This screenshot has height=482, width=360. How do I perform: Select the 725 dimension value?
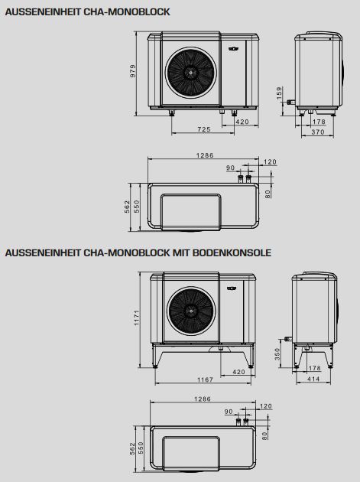tap(203, 129)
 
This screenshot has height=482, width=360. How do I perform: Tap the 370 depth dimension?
tap(318, 132)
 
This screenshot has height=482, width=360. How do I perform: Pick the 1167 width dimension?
tap(203, 379)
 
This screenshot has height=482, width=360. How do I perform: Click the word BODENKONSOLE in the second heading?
tap(230, 252)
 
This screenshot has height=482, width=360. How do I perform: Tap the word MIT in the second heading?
tap(180, 252)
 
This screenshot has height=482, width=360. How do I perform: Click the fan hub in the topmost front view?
tap(187, 71)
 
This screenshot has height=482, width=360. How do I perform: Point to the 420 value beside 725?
tap(242, 122)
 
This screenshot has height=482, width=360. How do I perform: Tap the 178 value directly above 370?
tap(318, 122)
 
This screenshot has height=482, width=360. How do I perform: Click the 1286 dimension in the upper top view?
tap(203, 155)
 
